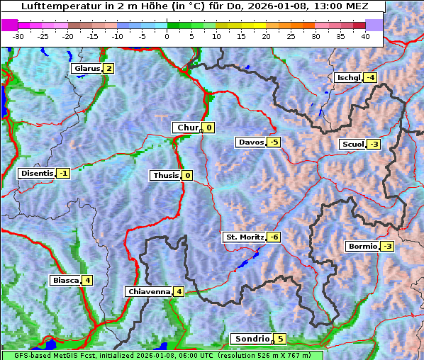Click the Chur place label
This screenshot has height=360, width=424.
coord(187,128)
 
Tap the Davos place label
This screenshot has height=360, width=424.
coord(250,142)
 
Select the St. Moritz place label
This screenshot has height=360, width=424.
coord(243,237)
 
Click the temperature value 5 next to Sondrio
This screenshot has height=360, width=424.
coord(280,339)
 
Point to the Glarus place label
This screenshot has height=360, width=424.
coord(86,69)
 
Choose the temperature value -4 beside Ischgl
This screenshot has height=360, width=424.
coord(370,78)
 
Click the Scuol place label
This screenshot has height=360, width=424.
coord(352,145)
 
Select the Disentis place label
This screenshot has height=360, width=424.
coord(37,173)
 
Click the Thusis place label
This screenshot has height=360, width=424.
coord(165,175)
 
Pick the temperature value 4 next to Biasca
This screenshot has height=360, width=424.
coord(87,280)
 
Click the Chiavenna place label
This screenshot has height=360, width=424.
coord(148,291)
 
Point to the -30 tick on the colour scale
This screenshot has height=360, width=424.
coord(19,35)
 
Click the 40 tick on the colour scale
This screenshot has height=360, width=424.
coord(365,35)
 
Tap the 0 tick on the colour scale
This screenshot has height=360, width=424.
coord(167,35)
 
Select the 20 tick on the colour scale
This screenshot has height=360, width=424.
coord(266,35)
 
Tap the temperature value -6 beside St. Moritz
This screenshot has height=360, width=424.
coord(274,237)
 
